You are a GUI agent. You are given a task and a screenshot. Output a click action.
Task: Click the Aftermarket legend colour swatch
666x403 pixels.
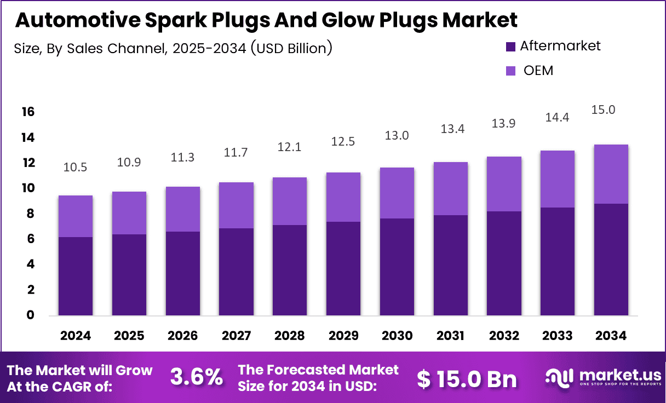coord(510,47)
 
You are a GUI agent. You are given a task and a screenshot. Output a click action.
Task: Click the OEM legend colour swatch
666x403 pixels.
coord(510,71)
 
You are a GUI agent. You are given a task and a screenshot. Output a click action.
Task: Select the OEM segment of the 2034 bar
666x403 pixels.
coord(611,174)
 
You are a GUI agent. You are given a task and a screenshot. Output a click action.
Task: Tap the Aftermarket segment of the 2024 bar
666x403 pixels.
coord(76,276)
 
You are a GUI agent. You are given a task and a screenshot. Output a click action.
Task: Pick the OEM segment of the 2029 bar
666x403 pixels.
coord(343,197)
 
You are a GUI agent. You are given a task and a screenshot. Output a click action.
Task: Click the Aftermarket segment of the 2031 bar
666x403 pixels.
coord(451,265)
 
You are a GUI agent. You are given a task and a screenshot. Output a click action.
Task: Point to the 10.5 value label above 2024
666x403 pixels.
coord(76,168)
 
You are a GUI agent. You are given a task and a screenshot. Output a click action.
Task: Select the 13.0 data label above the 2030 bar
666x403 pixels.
coord(397,135)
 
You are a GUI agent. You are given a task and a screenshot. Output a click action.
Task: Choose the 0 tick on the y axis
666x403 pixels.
coord(30,315)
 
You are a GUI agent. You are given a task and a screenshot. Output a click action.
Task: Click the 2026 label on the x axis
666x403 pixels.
coord(182,336)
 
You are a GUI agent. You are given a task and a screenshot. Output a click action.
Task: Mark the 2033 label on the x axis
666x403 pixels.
coord(557,336)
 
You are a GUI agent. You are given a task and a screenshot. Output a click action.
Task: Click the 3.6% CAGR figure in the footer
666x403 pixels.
coord(197,377)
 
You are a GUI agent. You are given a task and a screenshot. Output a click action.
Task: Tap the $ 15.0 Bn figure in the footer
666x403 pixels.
coord(467,378)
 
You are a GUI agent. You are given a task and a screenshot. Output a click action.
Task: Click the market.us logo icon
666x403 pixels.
coord(559,377)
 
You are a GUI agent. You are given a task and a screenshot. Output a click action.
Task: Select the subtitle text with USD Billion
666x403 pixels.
coord(173,48)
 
